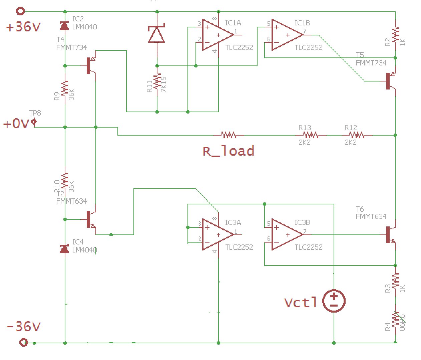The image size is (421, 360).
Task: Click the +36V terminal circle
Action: [20, 11]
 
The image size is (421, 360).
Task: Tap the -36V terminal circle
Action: [23, 342]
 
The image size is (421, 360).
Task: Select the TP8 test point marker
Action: [34, 122]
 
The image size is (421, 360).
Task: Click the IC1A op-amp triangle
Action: [217, 35]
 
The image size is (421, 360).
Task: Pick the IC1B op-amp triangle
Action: [286, 35]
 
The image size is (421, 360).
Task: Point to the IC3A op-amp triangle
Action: [217, 234]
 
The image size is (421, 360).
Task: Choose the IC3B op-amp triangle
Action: [286, 234]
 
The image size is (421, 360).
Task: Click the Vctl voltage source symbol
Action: [334, 301]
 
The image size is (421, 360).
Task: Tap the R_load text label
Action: [229, 151]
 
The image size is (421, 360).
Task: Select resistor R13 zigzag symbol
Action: [311, 135]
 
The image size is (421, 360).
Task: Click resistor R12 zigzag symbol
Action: [357, 135]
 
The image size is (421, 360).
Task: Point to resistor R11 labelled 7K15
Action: [157, 82]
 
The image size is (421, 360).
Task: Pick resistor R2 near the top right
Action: [395, 34]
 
